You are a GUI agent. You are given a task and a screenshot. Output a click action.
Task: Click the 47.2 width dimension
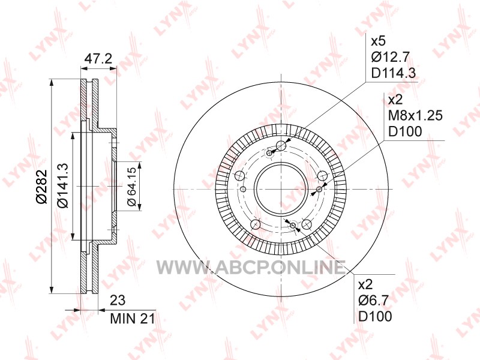coord(98,58)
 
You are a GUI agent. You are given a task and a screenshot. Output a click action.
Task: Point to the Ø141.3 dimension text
coord(64,185)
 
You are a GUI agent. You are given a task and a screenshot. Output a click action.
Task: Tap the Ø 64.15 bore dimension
coord(131,187)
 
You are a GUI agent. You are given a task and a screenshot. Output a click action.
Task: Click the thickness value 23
coord(118,301)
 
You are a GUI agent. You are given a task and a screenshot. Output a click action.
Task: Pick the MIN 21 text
coord(132,319)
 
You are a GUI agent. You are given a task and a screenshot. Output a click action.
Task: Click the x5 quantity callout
coord(379,41)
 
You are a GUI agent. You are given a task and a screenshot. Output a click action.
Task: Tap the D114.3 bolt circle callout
coord(394,73)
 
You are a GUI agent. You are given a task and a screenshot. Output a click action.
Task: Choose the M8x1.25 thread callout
coord(415,116)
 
